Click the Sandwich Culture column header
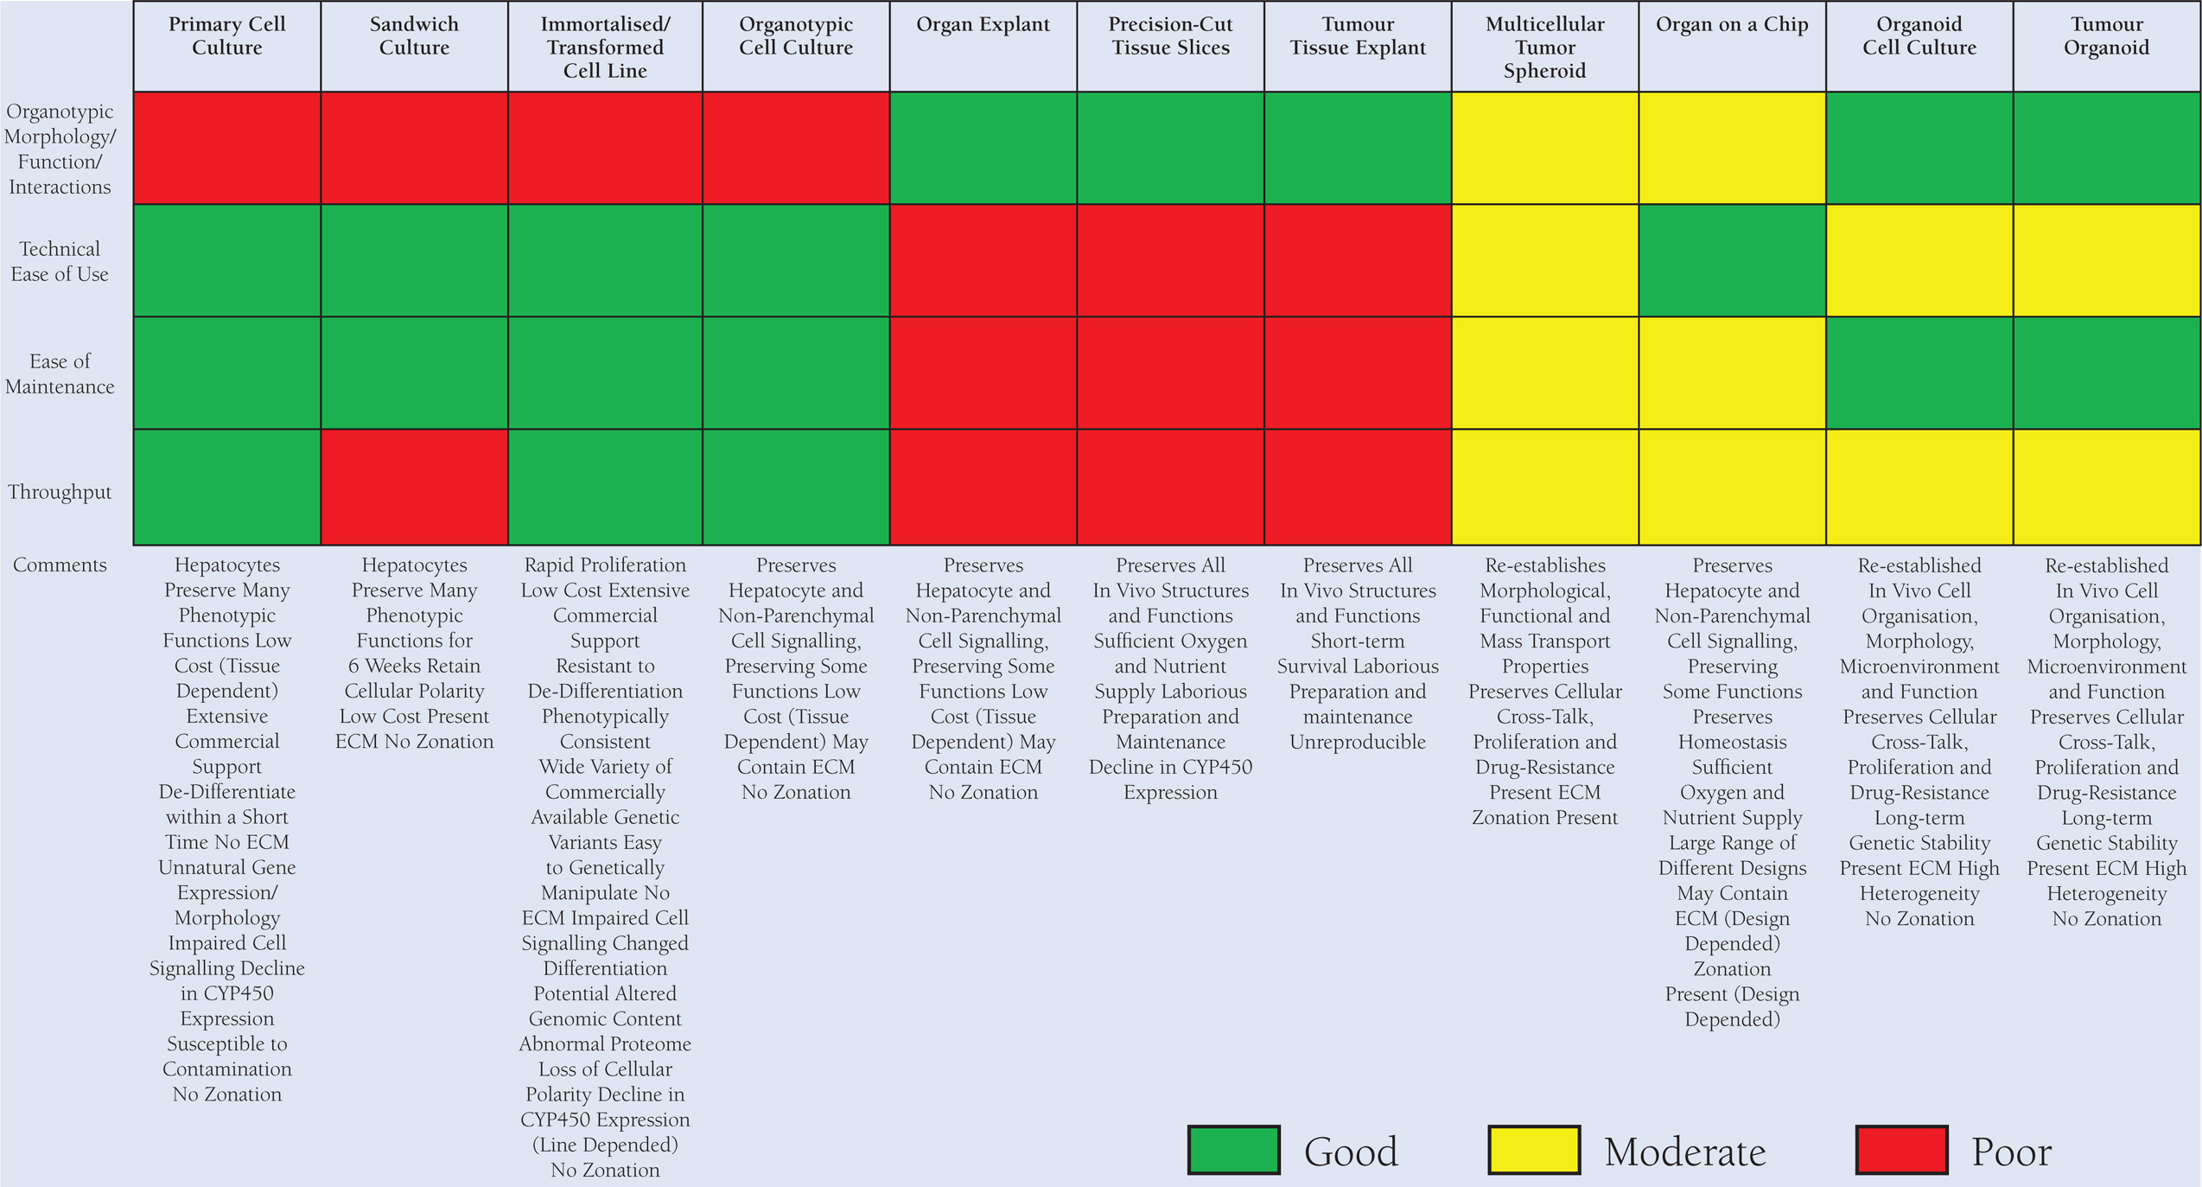pyautogui.click(x=414, y=36)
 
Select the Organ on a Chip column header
pyautogui.click(x=1732, y=25)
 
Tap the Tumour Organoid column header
pyautogui.click(x=2106, y=36)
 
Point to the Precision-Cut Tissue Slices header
pyautogui.click(x=1170, y=36)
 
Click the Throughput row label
pyautogui.click(x=60, y=492)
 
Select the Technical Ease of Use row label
pyautogui.click(x=60, y=261)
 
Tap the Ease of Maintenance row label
pyautogui.click(x=60, y=373)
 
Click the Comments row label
pyautogui.click(x=60, y=565)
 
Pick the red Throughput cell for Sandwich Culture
pyautogui.click(x=414, y=487)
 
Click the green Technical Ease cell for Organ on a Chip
pyautogui.click(x=1732, y=260)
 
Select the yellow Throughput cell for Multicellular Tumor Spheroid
pyautogui.click(x=1544, y=487)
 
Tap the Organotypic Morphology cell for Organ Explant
pyautogui.click(x=983, y=148)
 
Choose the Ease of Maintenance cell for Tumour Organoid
pyautogui.click(x=2106, y=373)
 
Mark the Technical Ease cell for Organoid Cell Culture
pyautogui.click(x=1919, y=260)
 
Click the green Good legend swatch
pyautogui.click(x=1233, y=1150)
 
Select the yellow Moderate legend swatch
pyautogui.click(x=1533, y=1150)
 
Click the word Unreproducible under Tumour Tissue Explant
pyautogui.click(x=1357, y=742)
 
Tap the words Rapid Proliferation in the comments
pyautogui.click(x=605, y=565)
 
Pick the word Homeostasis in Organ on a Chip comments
pyautogui.click(x=1732, y=742)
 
